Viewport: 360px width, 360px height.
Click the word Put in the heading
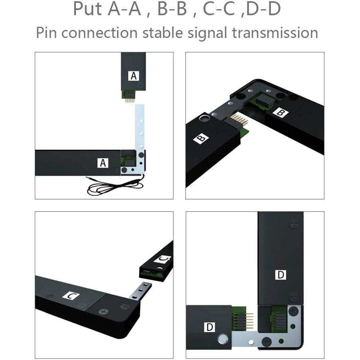click(87, 9)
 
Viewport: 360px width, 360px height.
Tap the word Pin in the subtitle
click(46, 33)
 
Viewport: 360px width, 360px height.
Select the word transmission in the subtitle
click(275, 33)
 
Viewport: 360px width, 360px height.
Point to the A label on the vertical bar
click(133, 75)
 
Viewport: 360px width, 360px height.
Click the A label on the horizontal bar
click(103, 163)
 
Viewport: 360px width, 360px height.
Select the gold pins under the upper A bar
click(130, 100)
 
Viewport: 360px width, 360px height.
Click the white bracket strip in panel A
click(140, 138)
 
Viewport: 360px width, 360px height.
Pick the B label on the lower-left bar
click(201, 138)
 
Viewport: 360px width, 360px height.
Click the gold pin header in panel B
click(239, 120)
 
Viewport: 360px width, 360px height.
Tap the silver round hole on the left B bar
click(204, 119)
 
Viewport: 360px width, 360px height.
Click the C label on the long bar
click(71, 296)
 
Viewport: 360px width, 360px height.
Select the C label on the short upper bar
click(162, 259)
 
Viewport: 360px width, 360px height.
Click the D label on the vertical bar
click(281, 275)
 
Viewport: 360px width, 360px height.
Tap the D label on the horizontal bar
click(210, 327)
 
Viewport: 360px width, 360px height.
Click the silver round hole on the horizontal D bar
click(222, 339)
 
